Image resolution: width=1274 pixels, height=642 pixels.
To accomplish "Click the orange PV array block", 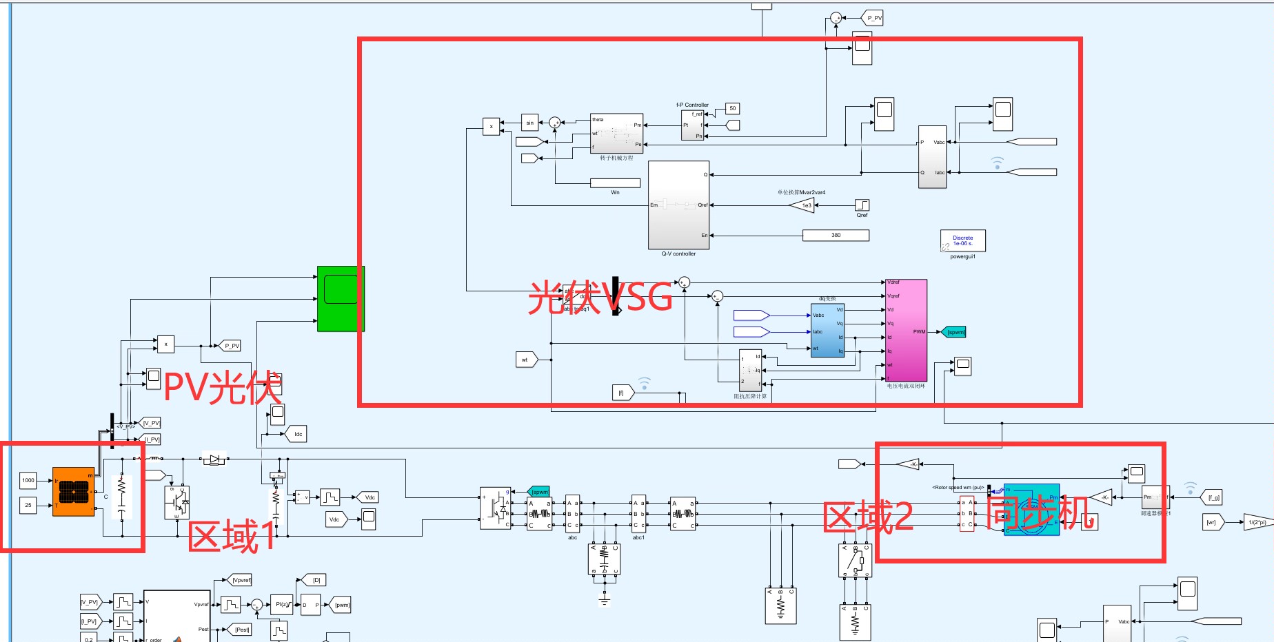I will pos(73,492).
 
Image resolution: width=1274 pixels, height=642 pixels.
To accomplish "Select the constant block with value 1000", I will pos(28,480).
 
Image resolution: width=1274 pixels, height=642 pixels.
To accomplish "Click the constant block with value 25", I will pos(28,505).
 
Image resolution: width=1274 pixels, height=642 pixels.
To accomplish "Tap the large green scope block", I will pos(341,298).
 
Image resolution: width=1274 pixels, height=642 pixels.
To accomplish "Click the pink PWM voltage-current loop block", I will pos(906,330).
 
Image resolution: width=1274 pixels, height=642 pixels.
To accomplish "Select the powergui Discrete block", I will pos(962,240).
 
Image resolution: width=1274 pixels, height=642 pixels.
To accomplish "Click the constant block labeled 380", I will pos(836,236).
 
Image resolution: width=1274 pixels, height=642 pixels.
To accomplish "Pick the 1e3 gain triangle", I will pos(803,205).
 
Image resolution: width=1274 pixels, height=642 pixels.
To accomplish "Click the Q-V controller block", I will pos(678,205).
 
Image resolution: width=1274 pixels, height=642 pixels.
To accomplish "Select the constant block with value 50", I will pos(732,108).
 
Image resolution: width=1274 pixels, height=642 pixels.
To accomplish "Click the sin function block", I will pos(529,123).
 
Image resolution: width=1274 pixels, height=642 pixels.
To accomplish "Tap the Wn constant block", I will pos(615,183).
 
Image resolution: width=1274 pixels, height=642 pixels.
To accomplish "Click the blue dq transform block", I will pos(827,330).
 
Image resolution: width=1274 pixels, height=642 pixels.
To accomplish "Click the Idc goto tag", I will pos(297,434).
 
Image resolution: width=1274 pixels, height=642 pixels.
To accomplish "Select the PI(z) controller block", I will pos(281,605).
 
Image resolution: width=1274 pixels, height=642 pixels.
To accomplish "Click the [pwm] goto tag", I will pos(341,605).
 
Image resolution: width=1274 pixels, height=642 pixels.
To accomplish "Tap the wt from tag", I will pos(525,360).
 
